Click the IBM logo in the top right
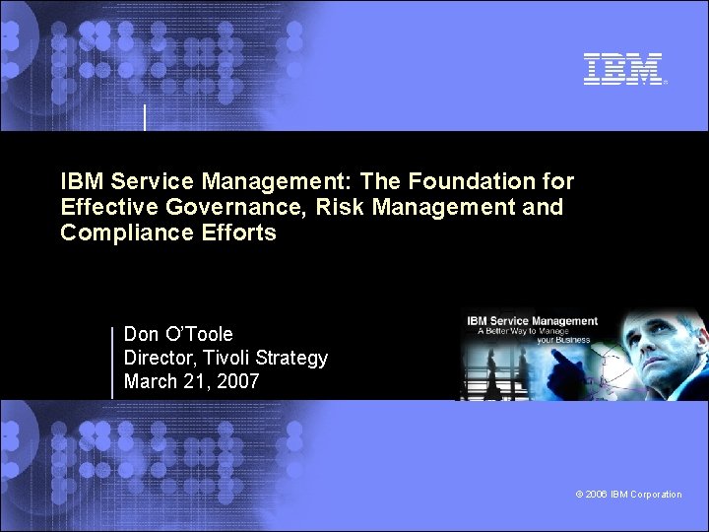click(623, 69)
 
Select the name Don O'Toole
click(178, 334)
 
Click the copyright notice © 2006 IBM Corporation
click(629, 495)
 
